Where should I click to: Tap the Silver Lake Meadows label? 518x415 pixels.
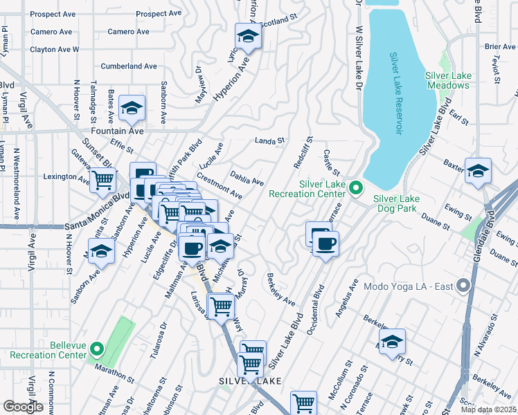[x=447, y=80]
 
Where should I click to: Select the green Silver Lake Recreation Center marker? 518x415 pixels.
[x=356, y=187]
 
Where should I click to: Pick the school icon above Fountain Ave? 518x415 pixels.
[x=131, y=108]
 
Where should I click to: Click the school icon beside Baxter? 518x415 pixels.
[x=478, y=170]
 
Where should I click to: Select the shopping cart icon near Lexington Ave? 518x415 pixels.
[x=103, y=180]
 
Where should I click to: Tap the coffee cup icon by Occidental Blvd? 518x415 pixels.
[x=325, y=243]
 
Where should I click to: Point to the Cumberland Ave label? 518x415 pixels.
[x=129, y=66]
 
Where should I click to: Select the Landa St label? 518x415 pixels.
[x=269, y=140]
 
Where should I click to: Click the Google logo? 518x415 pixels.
[x=23, y=406]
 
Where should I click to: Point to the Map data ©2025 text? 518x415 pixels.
[x=488, y=409]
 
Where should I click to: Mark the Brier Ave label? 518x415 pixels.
[x=500, y=46]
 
